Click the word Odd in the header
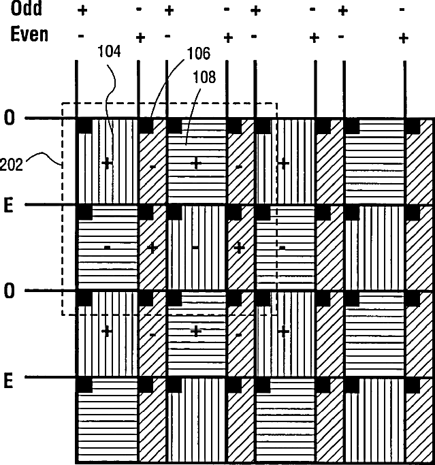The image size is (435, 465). click(x=26, y=8)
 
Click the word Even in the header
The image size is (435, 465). click(x=29, y=35)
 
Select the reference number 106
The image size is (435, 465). click(x=197, y=54)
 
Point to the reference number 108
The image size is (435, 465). click(x=204, y=77)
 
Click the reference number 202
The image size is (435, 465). click(x=12, y=163)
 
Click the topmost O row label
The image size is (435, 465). click(x=9, y=118)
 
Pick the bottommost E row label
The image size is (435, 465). click(x=9, y=380)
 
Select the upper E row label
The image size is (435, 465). click(x=9, y=205)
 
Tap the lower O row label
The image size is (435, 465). click(x=9, y=291)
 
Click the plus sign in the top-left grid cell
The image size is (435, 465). click(x=106, y=163)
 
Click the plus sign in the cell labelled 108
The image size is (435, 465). click(x=196, y=163)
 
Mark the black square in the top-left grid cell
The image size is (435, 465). click(x=84, y=125)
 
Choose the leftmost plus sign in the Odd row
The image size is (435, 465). click(x=83, y=11)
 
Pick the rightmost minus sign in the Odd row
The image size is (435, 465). click(x=402, y=11)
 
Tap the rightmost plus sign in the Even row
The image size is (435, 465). click(x=403, y=37)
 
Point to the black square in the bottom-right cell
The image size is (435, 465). click(x=412, y=385)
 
